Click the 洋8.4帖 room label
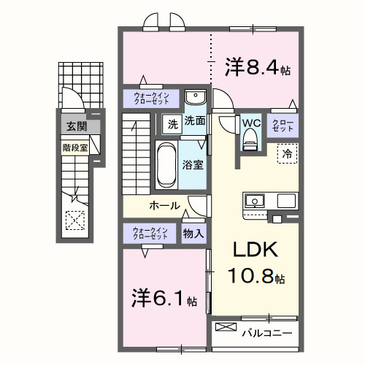tap(258, 69)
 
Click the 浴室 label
tap(193, 166)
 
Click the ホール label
tap(164, 206)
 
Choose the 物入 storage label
tap(193, 234)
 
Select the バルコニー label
tap(267, 333)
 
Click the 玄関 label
tap(75, 126)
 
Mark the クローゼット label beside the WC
tap(283, 125)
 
